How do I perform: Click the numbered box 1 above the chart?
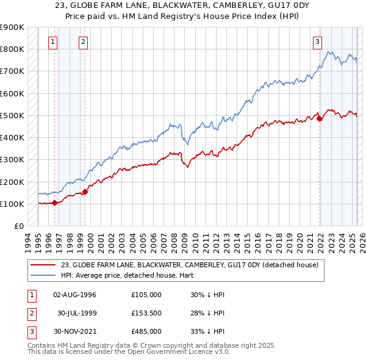pyautogui.click(x=53, y=42)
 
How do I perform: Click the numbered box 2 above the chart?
pyautogui.click(x=83, y=42)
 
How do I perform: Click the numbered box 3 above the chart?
pyautogui.click(x=318, y=42)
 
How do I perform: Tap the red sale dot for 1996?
pyautogui.click(x=55, y=203)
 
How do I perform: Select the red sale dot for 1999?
pyautogui.click(x=85, y=192)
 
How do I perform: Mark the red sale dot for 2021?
pyautogui.click(x=320, y=119)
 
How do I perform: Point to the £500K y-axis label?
pyautogui.click(x=12, y=115)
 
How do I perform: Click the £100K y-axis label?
pyautogui.click(x=12, y=204)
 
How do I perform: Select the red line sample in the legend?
pyautogui.click(x=43, y=265)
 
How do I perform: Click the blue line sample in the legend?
pyautogui.click(x=43, y=275)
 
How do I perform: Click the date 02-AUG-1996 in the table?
pyautogui.click(x=75, y=295)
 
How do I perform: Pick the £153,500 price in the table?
pyautogui.click(x=146, y=313)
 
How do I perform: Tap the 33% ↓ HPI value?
pyautogui.click(x=207, y=331)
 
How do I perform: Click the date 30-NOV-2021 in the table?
pyautogui.click(x=75, y=331)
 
